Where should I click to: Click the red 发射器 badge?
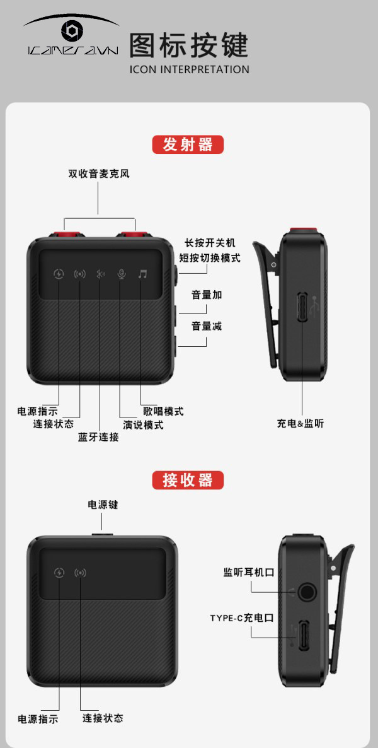click(x=188, y=144)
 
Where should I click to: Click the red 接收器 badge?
click(x=188, y=480)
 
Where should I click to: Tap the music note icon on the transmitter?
click(x=142, y=274)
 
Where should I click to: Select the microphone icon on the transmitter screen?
click(x=122, y=274)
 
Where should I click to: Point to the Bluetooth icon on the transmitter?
click(x=100, y=274)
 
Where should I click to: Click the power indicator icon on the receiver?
click(x=59, y=573)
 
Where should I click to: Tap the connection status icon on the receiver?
click(x=80, y=573)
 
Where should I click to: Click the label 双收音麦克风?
click(x=99, y=173)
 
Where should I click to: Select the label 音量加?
click(x=207, y=295)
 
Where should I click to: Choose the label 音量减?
click(x=207, y=326)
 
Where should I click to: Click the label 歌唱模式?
click(x=164, y=411)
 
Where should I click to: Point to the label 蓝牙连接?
click(x=99, y=437)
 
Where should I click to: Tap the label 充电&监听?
click(x=301, y=423)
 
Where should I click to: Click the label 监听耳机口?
click(x=249, y=572)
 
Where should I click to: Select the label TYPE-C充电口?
click(x=242, y=618)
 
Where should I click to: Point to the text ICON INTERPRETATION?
click(x=189, y=69)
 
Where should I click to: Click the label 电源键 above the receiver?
click(x=103, y=504)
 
